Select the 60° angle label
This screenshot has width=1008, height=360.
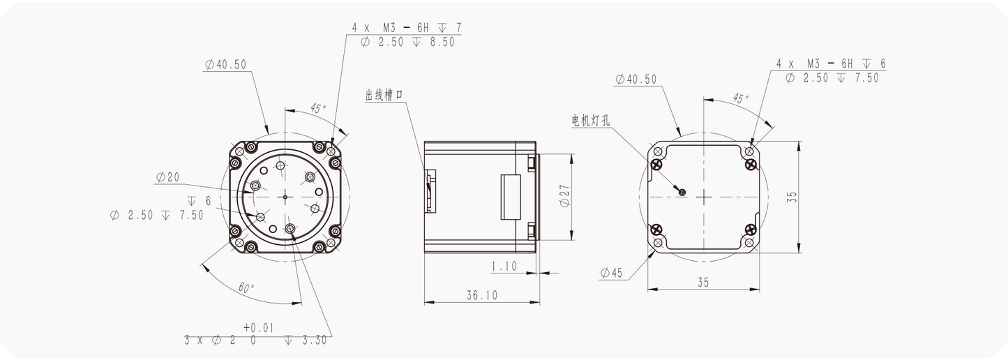246,287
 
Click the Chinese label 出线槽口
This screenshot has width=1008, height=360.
384,96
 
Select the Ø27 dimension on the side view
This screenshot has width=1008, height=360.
565,197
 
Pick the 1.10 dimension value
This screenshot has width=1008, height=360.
504,266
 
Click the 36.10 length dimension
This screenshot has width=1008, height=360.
482,295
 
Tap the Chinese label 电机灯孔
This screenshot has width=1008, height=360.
590,121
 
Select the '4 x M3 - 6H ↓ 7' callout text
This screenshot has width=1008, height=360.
406,27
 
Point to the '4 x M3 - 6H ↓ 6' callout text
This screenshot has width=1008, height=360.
831,63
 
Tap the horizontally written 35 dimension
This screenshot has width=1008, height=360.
703,282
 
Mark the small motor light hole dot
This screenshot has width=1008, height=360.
682,192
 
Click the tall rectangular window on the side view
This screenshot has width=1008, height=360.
510,197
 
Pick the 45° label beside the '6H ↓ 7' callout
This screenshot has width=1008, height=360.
317,109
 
